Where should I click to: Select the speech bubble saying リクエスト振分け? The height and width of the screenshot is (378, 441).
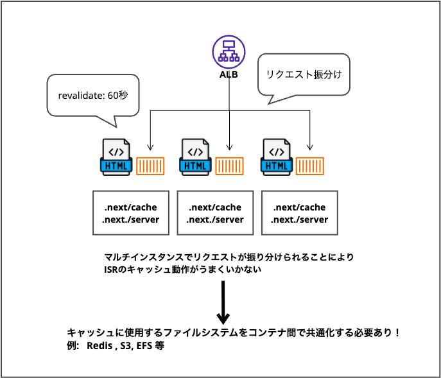[x=304, y=74]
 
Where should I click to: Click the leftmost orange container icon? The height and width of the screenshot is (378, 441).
[x=151, y=166]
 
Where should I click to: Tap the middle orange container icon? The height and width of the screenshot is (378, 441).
[x=230, y=166]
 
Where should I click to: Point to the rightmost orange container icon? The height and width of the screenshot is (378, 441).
[x=311, y=166]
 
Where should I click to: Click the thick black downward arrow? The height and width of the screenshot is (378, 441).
[x=223, y=302]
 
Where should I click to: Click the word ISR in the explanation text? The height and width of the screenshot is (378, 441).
[x=112, y=270]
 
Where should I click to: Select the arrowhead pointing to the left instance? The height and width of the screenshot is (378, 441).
[x=150, y=145]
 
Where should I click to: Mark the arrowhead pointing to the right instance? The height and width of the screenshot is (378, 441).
[x=310, y=145]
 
